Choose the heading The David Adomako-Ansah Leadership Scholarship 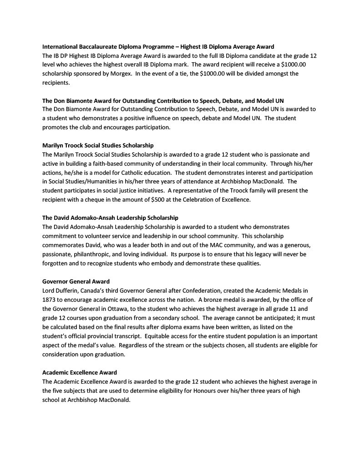pyautogui.click(x=110, y=218)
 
